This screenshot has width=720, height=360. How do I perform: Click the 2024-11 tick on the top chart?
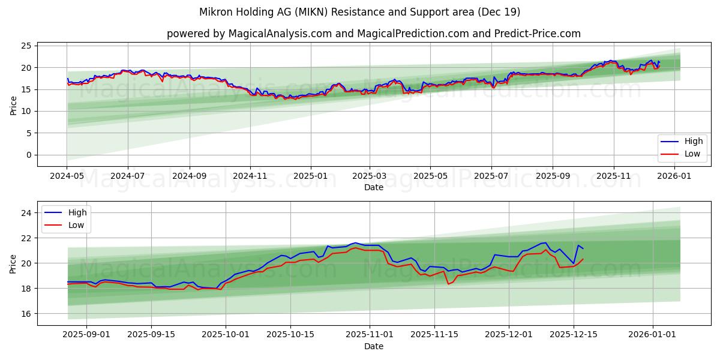[x=250, y=176]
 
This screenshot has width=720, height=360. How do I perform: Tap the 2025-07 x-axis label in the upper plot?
[x=491, y=176]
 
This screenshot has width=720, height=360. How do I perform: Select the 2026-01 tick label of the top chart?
[x=675, y=176]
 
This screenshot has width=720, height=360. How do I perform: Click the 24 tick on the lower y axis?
[x=28, y=213]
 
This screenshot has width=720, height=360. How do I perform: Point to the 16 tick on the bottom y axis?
[x=28, y=314]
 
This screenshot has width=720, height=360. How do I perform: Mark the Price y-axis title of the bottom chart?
[x=14, y=263]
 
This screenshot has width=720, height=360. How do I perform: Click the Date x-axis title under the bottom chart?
[x=373, y=347]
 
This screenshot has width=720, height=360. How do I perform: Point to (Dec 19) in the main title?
[x=499, y=12]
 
